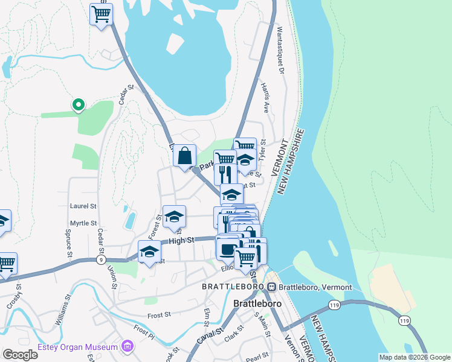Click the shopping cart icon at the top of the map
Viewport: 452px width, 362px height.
(101, 14)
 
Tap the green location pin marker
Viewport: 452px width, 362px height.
(78, 106)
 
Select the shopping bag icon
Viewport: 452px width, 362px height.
(184, 155)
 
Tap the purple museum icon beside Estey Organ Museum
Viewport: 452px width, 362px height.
(126, 346)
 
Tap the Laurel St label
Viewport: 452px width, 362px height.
(83, 206)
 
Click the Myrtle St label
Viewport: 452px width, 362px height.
(83, 223)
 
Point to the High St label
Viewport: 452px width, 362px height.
(182, 240)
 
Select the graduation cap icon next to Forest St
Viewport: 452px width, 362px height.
(174, 217)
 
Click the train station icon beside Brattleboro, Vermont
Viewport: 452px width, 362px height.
(273, 287)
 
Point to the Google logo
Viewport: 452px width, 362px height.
(20, 355)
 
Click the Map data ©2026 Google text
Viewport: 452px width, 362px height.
(413, 357)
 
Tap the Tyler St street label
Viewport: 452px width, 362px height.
(263, 148)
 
